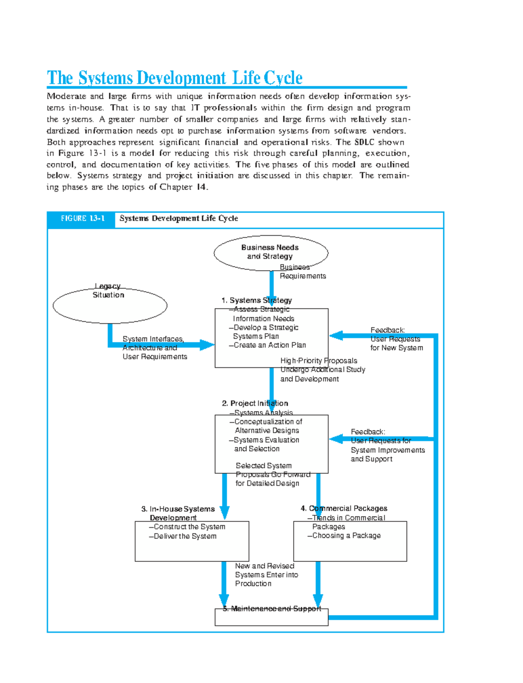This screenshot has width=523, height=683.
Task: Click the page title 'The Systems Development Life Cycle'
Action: (x=174, y=78)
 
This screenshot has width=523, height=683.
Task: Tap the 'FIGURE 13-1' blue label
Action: (x=82, y=219)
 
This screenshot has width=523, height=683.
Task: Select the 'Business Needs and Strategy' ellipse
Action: (x=270, y=252)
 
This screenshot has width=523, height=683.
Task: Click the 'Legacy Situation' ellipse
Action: (x=109, y=305)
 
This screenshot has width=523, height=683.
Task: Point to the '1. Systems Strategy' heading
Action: (x=256, y=300)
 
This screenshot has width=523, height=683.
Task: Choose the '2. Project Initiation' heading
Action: (x=255, y=404)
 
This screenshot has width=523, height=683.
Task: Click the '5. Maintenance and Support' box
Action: (x=271, y=617)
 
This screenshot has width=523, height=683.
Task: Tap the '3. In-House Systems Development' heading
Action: (x=177, y=513)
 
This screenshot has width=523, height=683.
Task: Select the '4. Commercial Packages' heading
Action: (x=344, y=509)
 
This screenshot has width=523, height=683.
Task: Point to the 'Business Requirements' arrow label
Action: (x=302, y=272)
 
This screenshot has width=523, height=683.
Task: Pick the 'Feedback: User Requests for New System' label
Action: (x=396, y=339)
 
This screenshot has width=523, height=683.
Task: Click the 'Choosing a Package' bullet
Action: (x=346, y=536)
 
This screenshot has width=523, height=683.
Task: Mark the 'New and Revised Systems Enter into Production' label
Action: (x=266, y=575)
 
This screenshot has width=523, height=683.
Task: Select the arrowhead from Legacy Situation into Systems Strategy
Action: (x=207, y=345)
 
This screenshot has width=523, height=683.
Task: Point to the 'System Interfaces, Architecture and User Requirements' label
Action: (x=154, y=348)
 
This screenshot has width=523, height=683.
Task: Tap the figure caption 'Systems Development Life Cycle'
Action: (x=179, y=219)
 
